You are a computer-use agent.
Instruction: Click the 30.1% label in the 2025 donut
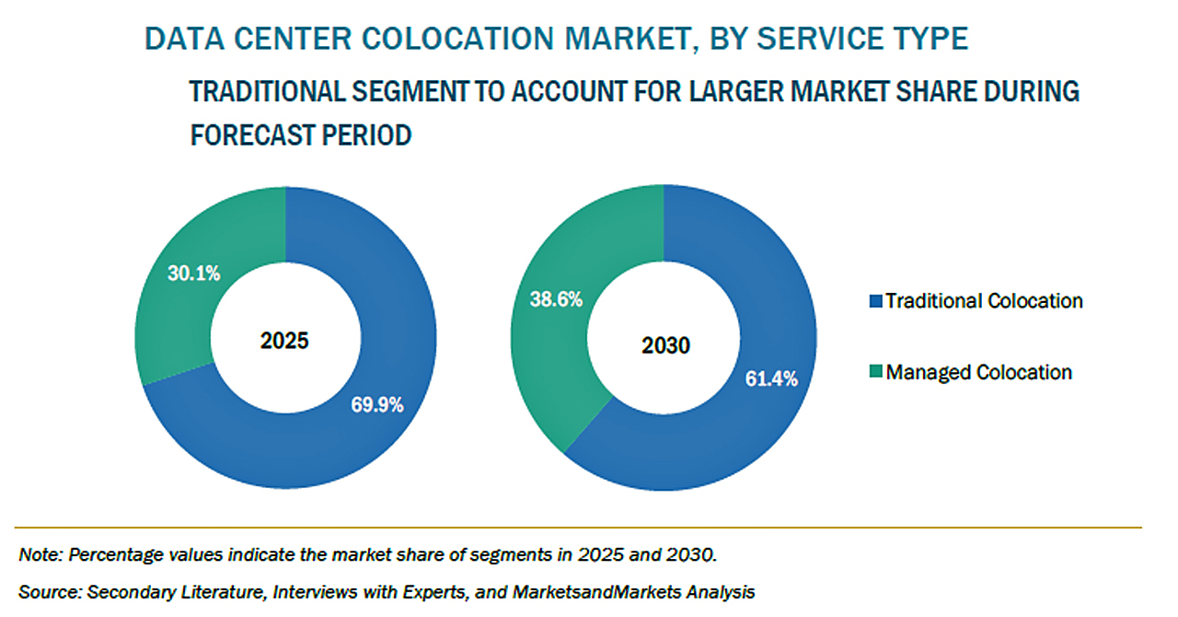193,273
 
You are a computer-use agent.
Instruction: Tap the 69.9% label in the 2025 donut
377,404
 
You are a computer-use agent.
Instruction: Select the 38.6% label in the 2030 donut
556,299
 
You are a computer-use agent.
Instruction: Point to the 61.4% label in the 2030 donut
771,378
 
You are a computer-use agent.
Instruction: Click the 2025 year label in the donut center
285,341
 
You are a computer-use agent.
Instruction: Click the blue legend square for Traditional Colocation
877,301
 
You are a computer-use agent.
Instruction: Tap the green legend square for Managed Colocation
877,373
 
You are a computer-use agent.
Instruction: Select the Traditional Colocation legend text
984,301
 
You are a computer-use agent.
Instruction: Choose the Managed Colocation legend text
978,373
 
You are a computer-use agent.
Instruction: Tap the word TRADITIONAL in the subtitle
252,92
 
